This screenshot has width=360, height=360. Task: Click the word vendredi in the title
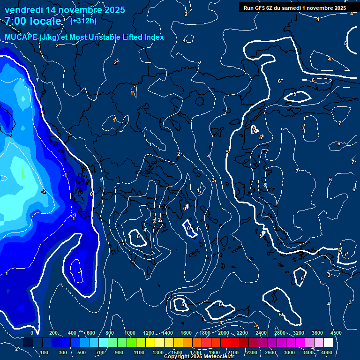click(x=24, y=10)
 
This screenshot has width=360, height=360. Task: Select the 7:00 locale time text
click(x=33, y=22)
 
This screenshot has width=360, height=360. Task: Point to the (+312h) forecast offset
click(x=83, y=21)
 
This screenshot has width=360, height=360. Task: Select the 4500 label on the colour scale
click(x=336, y=333)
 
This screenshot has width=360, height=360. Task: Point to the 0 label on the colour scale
click(x=32, y=333)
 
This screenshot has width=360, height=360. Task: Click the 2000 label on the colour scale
click(x=224, y=333)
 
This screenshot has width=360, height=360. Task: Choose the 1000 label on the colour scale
click(x=130, y=333)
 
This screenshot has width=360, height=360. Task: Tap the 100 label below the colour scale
click(x=45, y=352)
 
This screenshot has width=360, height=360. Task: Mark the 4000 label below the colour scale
click(x=327, y=352)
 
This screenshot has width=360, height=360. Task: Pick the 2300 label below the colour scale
click(x=252, y=352)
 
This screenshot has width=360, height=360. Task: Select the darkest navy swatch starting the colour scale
click(x=28, y=343)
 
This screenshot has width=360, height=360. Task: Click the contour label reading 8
click(x=265, y=185)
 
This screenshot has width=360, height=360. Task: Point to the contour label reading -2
click(x=43, y=191)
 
